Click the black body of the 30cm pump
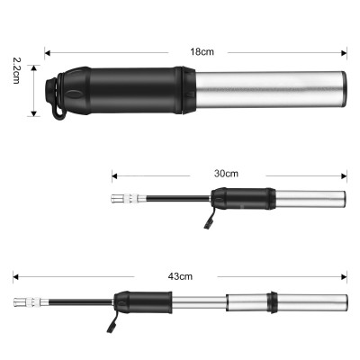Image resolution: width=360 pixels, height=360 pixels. click(x=241, y=198)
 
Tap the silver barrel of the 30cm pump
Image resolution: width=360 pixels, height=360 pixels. click(x=310, y=198)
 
